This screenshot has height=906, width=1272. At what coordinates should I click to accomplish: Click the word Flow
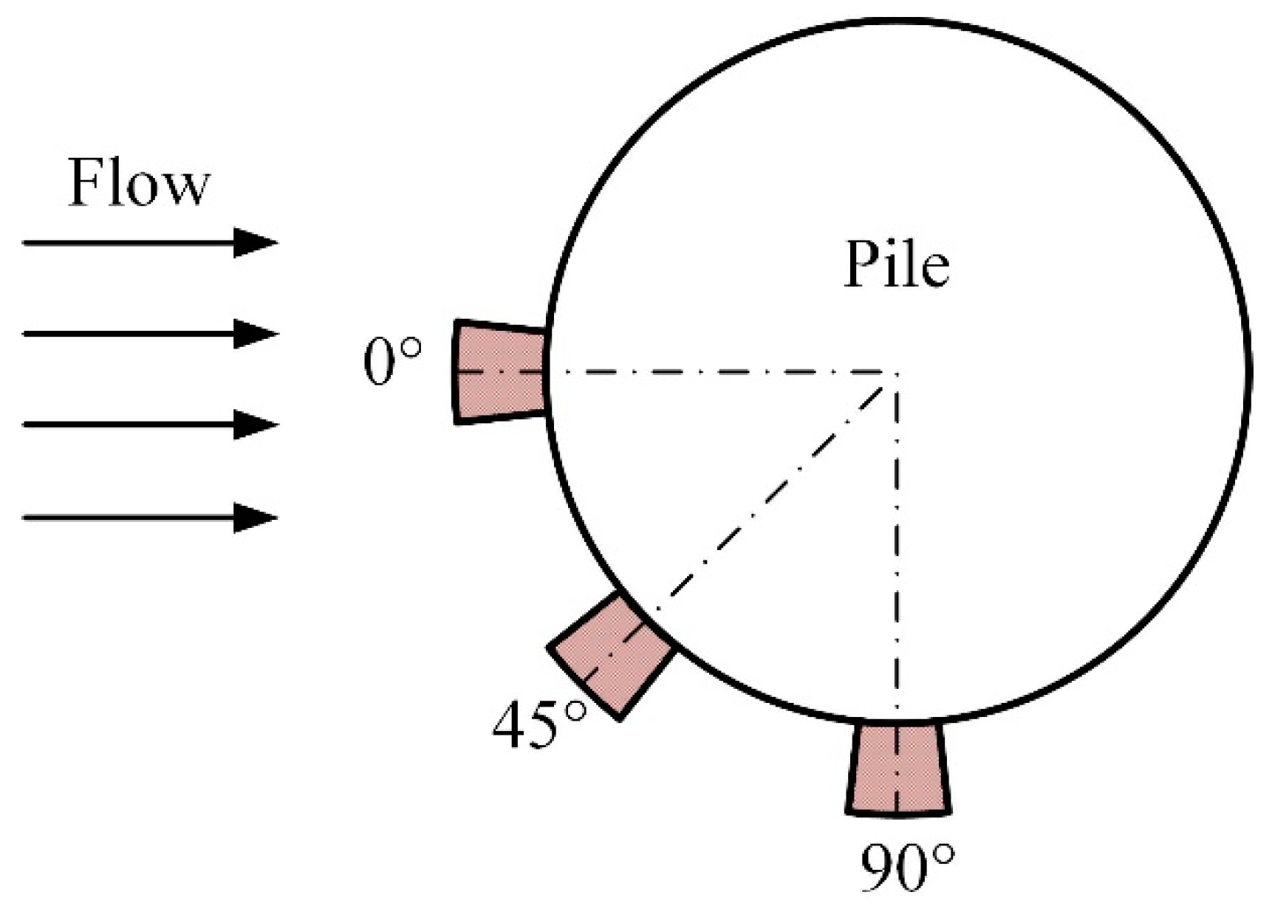(x=139, y=182)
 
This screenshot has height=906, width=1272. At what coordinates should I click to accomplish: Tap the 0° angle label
(x=392, y=362)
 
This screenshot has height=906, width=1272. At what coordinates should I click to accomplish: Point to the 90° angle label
(x=907, y=867)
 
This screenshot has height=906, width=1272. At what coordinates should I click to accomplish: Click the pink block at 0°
(x=500, y=371)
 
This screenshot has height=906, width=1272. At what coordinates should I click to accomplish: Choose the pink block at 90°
(x=897, y=768)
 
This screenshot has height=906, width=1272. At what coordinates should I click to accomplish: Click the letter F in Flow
(x=85, y=182)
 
